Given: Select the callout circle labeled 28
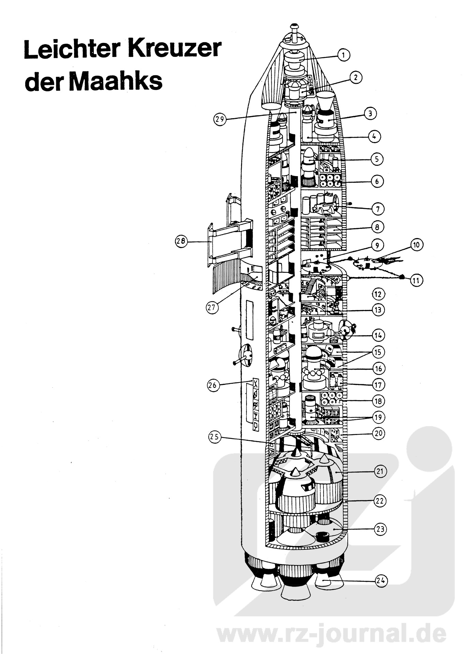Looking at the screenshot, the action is [181, 242].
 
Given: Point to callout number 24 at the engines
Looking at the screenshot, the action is [382, 580].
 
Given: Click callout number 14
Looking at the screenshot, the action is [379, 335].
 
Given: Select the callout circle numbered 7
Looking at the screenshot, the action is [378, 209].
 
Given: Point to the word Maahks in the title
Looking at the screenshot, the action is [117, 82].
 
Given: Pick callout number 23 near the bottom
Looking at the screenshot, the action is [381, 529].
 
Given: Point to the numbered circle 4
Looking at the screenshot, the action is [374, 137].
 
